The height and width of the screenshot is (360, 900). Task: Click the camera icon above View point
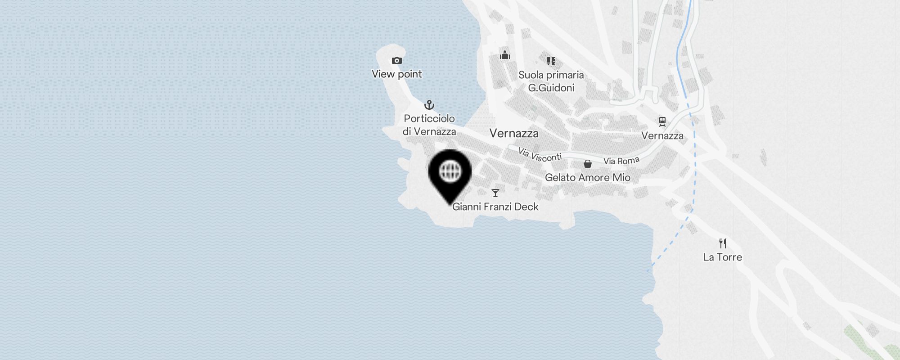tap(396, 61)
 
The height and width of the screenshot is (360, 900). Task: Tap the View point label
tap(397, 74)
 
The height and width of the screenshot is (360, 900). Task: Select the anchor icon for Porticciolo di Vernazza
tap(429, 105)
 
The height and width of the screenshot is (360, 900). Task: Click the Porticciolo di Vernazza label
tap(429, 125)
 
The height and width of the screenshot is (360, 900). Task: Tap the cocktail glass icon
tap(495, 193)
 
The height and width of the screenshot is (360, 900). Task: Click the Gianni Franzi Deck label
tap(495, 207)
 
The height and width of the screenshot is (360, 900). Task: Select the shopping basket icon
tap(588, 164)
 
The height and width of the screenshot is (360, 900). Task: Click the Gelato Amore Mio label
tap(587, 178)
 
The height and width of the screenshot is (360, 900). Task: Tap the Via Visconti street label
tap(540, 154)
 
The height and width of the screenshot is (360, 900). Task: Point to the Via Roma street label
tap(621, 161)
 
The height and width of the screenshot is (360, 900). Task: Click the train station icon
tap(662, 121)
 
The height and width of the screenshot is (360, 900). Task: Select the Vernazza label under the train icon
tap(662, 136)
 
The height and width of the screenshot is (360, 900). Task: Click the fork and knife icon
tap(723, 243)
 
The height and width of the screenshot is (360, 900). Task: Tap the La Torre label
tap(723, 257)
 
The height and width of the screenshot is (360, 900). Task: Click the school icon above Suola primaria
tap(551, 61)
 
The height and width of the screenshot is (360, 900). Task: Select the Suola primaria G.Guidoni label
tap(551, 81)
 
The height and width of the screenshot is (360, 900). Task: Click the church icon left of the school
tap(505, 55)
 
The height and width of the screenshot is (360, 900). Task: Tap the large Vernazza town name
tap(514, 134)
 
